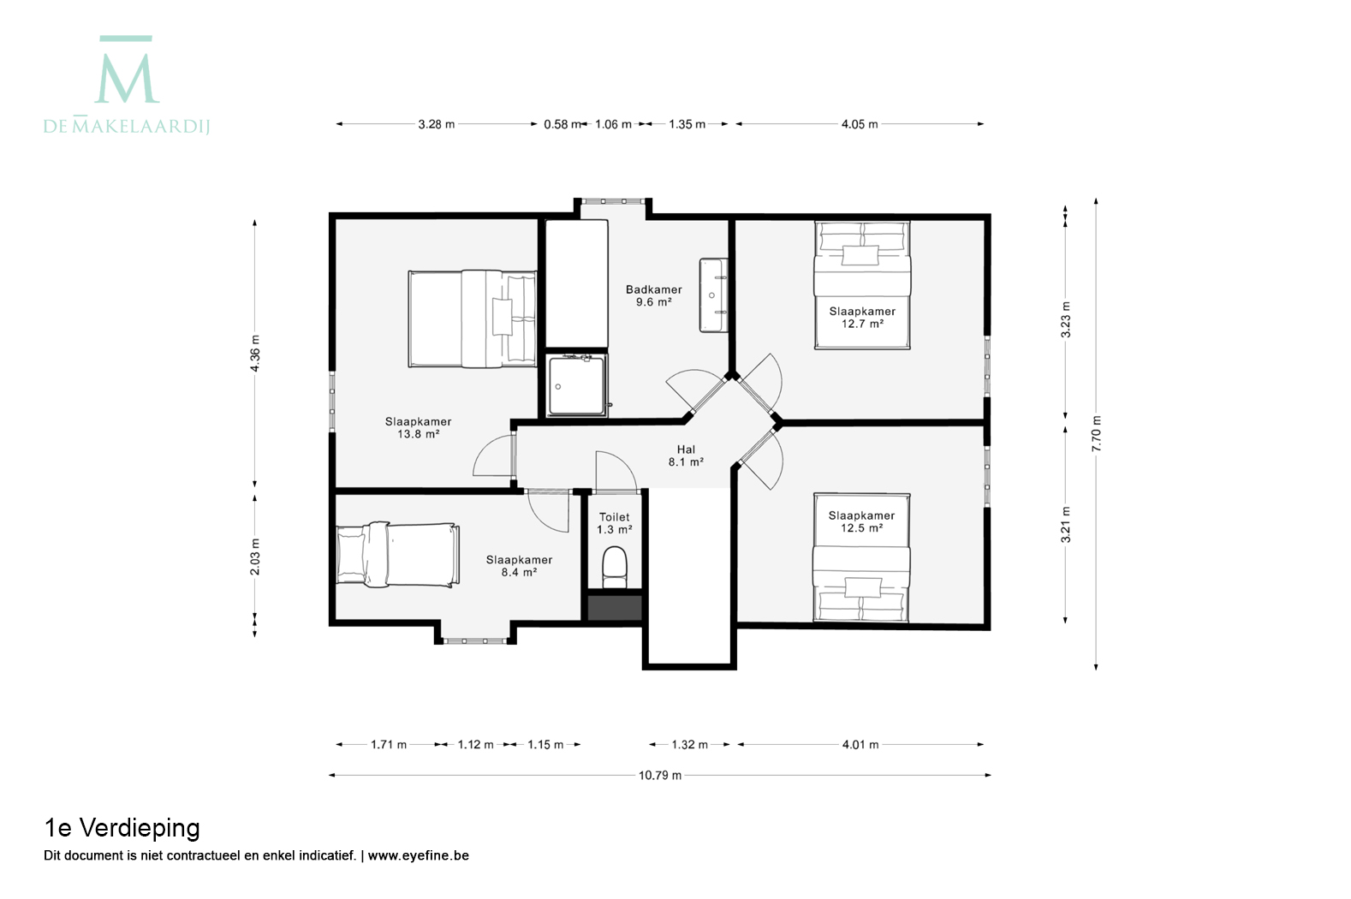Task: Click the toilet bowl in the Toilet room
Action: (615, 567)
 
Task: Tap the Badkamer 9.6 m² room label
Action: (654, 295)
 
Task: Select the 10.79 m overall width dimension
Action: (660, 776)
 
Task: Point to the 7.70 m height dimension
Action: (1097, 433)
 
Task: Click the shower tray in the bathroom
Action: (576, 385)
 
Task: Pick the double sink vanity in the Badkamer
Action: (713, 295)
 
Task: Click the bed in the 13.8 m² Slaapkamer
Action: (473, 319)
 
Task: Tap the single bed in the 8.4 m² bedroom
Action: (397, 555)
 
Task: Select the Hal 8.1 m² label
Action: (686, 455)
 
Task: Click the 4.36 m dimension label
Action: (255, 353)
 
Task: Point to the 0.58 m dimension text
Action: (562, 124)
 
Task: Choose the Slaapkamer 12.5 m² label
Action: (861, 522)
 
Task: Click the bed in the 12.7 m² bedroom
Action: (862, 285)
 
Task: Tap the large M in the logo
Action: (127, 77)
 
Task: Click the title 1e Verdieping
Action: (122, 828)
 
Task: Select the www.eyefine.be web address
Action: (418, 855)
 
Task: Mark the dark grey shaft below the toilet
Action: (615, 608)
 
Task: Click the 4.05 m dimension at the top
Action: (860, 124)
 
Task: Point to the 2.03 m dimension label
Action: (255, 557)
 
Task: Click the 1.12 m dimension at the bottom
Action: (475, 745)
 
